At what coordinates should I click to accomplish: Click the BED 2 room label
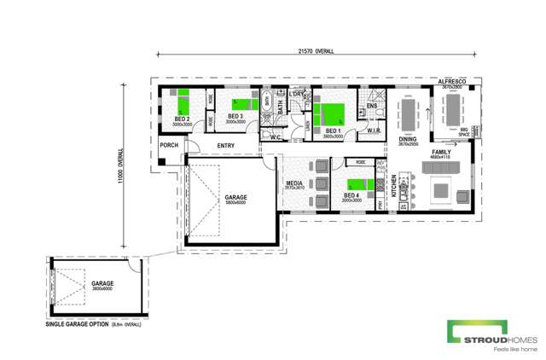click(x=181, y=119)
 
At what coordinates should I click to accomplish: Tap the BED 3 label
click(x=235, y=116)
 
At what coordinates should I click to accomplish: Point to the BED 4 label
click(x=351, y=195)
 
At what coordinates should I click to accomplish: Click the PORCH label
click(x=169, y=146)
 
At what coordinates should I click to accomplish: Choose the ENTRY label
click(x=226, y=146)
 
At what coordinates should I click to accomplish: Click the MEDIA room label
click(x=293, y=182)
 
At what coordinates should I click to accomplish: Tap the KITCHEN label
click(x=393, y=185)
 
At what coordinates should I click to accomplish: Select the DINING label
click(x=409, y=138)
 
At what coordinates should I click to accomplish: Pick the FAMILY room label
click(x=441, y=152)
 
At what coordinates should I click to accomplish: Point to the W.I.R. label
click(x=374, y=131)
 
